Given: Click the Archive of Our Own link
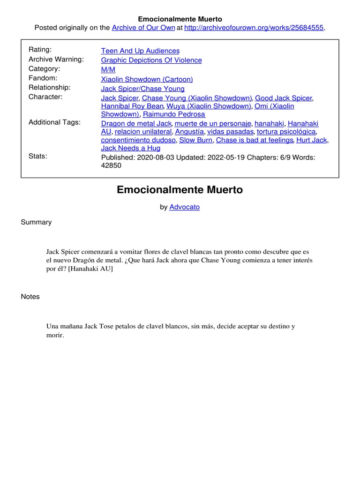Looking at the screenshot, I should (x=143, y=28).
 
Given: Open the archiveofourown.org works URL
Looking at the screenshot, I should (x=254, y=28).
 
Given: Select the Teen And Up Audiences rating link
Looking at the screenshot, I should (x=140, y=51).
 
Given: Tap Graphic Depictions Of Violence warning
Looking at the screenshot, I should (x=151, y=60).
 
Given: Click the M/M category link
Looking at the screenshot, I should (x=108, y=69).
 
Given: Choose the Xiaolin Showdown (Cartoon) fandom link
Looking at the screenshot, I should (x=147, y=79).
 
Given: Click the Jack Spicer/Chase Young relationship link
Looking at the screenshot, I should (x=142, y=89).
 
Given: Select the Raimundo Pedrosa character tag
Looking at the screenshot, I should (x=174, y=114).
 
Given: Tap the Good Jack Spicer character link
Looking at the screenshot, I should (x=284, y=98).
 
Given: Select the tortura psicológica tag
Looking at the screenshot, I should (x=286, y=132).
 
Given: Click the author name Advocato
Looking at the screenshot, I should (x=184, y=207).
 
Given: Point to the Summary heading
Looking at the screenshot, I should (x=36, y=222).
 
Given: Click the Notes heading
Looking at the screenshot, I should (x=30, y=297).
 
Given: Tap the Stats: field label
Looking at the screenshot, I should (x=38, y=156).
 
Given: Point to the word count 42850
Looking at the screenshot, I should (x=111, y=165).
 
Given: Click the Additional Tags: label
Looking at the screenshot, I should (x=54, y=122).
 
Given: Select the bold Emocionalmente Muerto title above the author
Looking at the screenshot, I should (x=180, y=190).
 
